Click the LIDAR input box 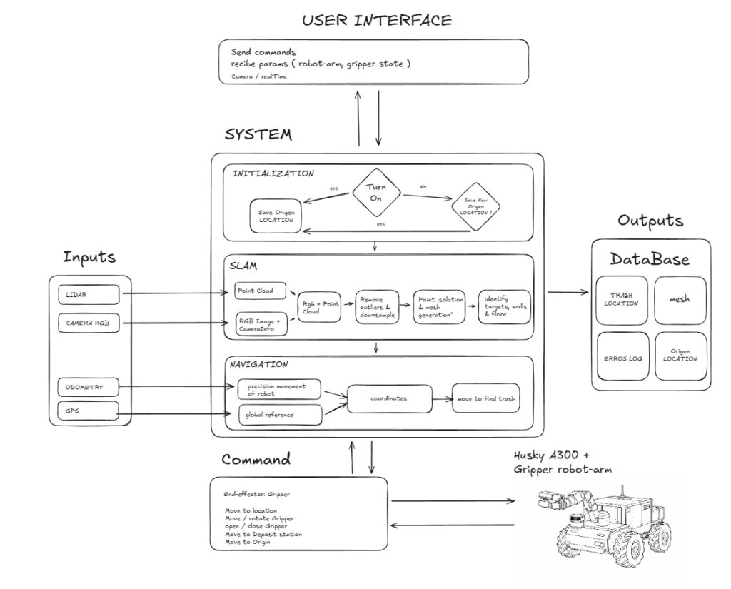[x=89, y=293]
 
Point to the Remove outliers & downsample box [x=379, y=307]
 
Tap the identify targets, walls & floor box [x=504, y=307]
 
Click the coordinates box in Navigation [x=390, y=398]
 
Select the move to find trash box [x=485, y=398]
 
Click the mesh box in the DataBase [x=680, y=299]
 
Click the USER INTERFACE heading [x=376, y=20]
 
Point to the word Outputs [x=650, y=221]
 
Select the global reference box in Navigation [x=279, y=414]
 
